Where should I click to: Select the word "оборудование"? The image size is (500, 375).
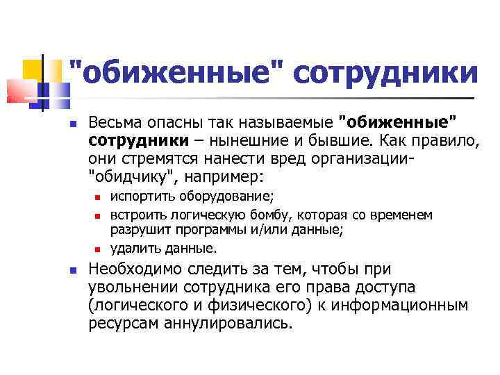tap(219, 196)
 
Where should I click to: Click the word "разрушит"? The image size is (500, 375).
tap(137, 229)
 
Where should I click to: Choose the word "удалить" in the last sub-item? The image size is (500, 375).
tap(132, 247)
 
